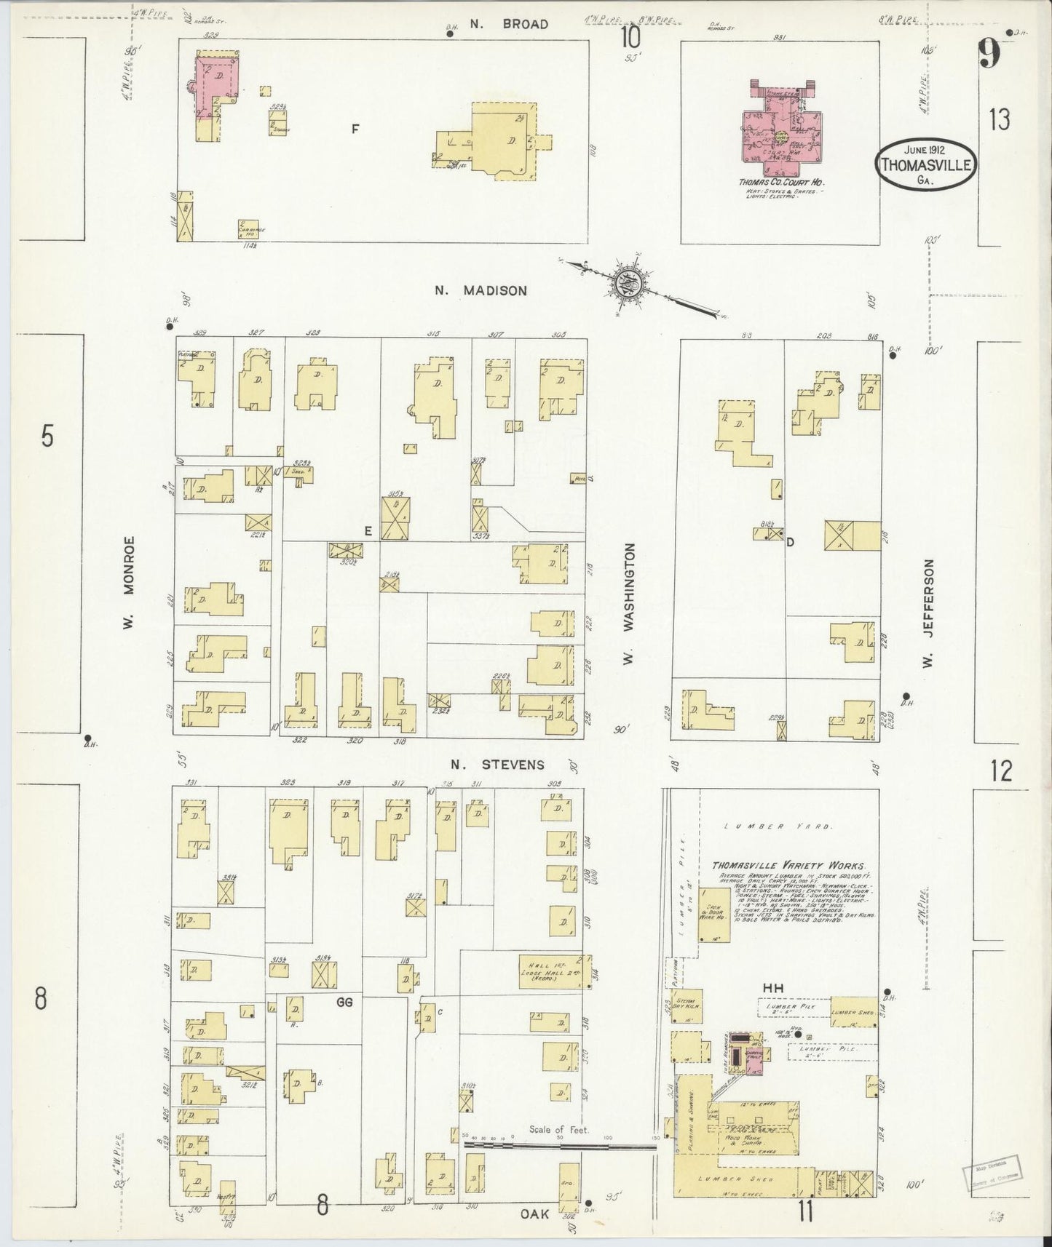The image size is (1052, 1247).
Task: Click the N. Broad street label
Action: coord(508,24)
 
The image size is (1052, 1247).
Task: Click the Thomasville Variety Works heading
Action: coord(789,865)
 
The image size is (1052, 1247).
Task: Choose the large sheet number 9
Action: coord(989,54)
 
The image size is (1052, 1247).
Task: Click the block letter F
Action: coord(355,130)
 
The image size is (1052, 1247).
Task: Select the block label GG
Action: coord(344,1002)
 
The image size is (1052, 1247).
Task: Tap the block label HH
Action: coord(772,988)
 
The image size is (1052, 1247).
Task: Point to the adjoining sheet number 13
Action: coord(1000,119)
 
